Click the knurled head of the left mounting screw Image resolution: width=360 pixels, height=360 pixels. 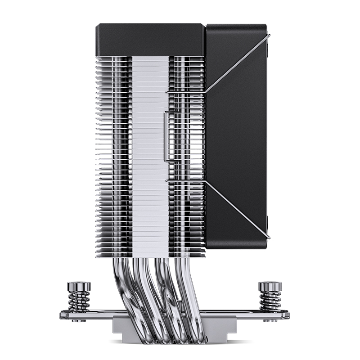click(79, 286)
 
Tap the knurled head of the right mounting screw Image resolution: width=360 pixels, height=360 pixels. click(270, 286)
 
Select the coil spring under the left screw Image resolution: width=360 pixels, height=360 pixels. click(79, 301)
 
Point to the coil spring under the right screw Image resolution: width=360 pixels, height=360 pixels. click(270, 301)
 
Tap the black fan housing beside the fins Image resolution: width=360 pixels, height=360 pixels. click(236, 135)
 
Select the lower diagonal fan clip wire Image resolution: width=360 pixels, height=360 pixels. click(236, 209)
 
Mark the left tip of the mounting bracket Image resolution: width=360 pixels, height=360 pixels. click(62, 315)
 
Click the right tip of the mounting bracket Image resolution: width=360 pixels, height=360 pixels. click(288, 315)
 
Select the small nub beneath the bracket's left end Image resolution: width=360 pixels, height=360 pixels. click(79, 321)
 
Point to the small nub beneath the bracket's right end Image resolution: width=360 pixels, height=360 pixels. click(270, 321)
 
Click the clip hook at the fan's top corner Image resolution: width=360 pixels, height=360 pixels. click(268, 36)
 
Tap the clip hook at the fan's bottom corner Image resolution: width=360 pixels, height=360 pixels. click(268, 236)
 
